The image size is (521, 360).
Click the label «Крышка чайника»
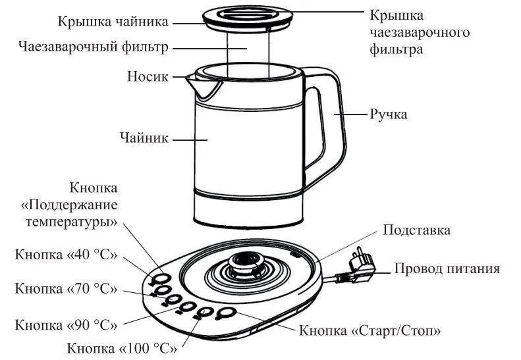pos(113,22)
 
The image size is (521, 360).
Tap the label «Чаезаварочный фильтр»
pos(94,47)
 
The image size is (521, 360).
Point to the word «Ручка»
pos(388,115)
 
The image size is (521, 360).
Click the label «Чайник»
pos(144,138)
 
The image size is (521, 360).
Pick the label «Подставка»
pos(417,230)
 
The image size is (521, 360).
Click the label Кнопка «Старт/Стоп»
pos(370,330)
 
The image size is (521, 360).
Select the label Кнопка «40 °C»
pos(66,255)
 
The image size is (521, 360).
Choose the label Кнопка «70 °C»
pos(66,288)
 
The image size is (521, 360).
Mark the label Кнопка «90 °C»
pos(66,324)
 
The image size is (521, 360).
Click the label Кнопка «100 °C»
pos(122,347)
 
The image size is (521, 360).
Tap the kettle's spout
pos(196,82)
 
